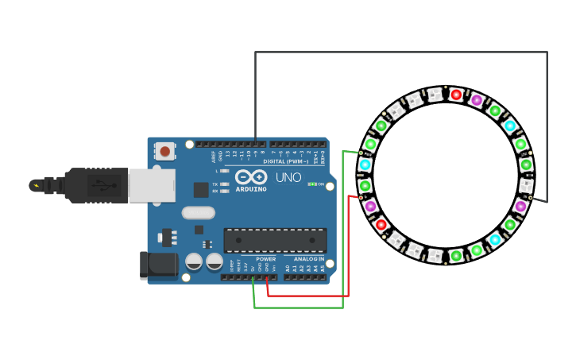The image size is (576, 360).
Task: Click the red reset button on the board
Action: coord(164,150)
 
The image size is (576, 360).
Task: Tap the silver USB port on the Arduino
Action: coord(152,185)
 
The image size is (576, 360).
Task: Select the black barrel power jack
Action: coord(157,266)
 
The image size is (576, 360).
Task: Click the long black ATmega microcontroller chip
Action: coord(275,241)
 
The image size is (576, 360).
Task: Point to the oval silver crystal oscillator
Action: coord(198,212)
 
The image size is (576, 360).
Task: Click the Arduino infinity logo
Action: coord(251,177)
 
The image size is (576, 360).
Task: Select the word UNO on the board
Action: coord(288,177)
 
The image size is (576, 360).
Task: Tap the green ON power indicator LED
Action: coord(312,184)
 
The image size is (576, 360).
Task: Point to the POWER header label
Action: coord(265,259)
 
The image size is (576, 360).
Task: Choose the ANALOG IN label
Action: coord(309,259)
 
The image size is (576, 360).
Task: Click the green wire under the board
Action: coord(298,308)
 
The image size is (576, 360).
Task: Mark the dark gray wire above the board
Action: coord(397,52)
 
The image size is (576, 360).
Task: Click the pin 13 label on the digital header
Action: coord(227,153)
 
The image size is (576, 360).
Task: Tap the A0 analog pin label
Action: coord(288,269)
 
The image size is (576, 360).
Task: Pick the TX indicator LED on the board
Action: coord(226,184)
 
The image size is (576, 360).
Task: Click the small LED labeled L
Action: coord(226,171)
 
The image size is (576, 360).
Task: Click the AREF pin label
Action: coord(214,156)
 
